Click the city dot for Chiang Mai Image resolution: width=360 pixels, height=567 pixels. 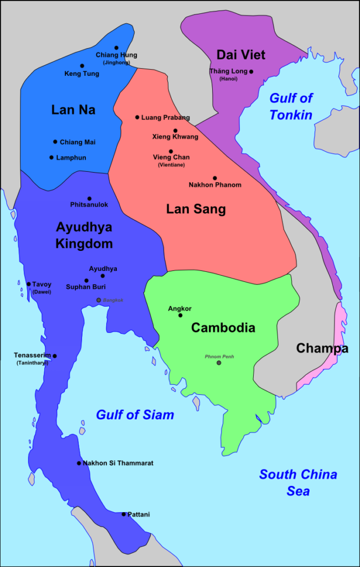coord(55,142)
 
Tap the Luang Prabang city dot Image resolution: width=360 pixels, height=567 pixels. coord(137,117)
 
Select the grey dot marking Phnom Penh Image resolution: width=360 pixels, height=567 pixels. coord(219,363)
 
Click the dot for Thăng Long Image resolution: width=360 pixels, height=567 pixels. coord(251,71)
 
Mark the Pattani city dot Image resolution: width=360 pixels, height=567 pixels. coord(124,514)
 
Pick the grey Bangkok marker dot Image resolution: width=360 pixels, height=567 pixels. coord(99,300)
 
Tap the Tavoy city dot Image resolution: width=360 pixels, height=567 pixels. coord(29,284)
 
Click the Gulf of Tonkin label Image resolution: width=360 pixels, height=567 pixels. coord(291,106)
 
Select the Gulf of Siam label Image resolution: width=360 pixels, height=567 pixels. coord(135,415)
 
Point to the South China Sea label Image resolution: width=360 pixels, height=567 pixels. coord(298,482)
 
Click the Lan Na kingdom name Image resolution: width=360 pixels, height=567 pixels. coord(73,110)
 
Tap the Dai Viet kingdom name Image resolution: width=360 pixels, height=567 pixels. coord(240,54)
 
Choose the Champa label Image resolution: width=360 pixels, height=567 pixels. coord(322,348)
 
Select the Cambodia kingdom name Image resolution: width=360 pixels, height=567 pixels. coord(223,327)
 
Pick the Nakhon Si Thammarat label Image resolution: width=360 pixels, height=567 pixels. coord(118,463)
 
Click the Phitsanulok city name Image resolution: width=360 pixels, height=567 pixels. coord(89,205)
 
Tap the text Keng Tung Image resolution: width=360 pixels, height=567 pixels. coord(82,74)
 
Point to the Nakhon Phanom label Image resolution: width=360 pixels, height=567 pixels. coord(215,185)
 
